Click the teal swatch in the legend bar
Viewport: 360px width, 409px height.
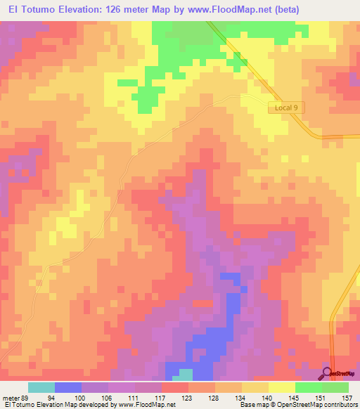pos(41,387)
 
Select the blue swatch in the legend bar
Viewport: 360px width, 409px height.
pos(68,387)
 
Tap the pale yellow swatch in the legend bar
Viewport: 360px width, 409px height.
pos(282,387)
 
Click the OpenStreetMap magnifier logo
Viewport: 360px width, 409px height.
pos(328,373)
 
